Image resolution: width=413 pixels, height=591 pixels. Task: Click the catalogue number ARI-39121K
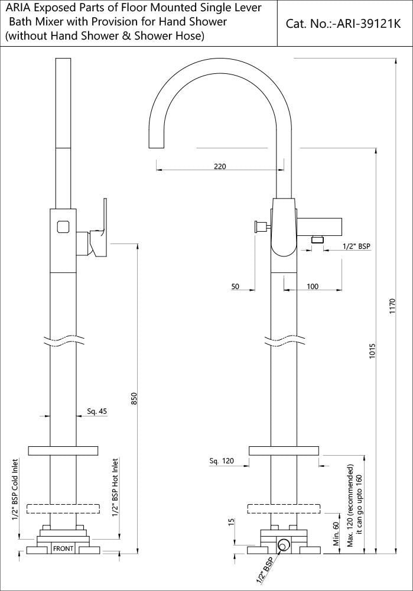(x=343, y=24)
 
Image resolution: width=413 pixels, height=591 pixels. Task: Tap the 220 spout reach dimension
(x=220, y=167)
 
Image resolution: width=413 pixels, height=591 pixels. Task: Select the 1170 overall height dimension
(x=392, y=307)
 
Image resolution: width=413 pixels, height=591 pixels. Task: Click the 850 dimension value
(x=135, y=400)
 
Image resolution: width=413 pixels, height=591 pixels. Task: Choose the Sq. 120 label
(x=222, y=460)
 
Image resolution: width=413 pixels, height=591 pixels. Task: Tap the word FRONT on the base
(x=63, y=548)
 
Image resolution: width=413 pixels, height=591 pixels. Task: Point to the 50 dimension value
(x=235, y=286)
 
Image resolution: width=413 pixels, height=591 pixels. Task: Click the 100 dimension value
(x=313, y=286)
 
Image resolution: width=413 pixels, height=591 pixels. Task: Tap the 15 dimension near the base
(x=232, y=522)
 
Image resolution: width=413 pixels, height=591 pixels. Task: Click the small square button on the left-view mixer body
(x=63, y=226)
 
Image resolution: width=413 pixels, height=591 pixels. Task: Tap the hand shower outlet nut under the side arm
(x=318, y=239)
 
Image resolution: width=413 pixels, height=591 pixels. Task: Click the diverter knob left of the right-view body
(x=259, y=226)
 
